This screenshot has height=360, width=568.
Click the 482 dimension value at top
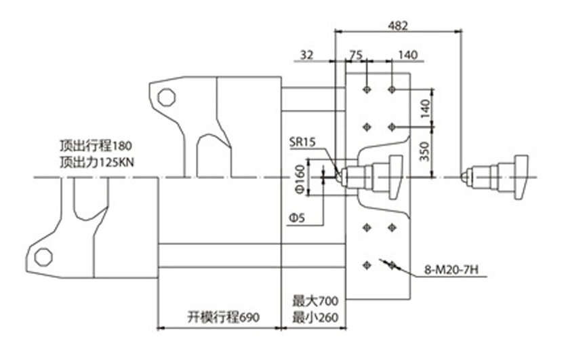(398, 25)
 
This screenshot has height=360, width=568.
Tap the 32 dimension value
(307, 55)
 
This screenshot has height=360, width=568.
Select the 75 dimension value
(356, 55)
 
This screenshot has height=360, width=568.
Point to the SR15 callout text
(302, 142)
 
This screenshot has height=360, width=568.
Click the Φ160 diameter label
(301, 179)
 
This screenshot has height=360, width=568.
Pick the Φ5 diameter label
(297, 218)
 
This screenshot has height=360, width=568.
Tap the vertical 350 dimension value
(425, 151)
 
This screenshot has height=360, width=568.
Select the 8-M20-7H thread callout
(451, 270)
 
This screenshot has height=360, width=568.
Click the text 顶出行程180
(96, 146)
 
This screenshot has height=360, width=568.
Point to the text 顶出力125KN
(97, 162)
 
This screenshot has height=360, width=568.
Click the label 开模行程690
(224, 317)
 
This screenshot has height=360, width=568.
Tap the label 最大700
(315, 301)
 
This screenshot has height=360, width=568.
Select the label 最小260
(315, 317)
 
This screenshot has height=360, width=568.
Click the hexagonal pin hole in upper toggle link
(167, 97)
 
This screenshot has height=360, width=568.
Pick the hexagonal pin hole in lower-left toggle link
(43, 257)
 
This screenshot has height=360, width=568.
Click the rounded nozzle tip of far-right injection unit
(464, 177)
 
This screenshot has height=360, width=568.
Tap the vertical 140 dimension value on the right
(425, 108)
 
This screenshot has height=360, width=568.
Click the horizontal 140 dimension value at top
(408, 55)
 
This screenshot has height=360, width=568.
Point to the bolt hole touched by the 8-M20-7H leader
(392, 266)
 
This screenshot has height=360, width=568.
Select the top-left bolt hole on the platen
(367, 89)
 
